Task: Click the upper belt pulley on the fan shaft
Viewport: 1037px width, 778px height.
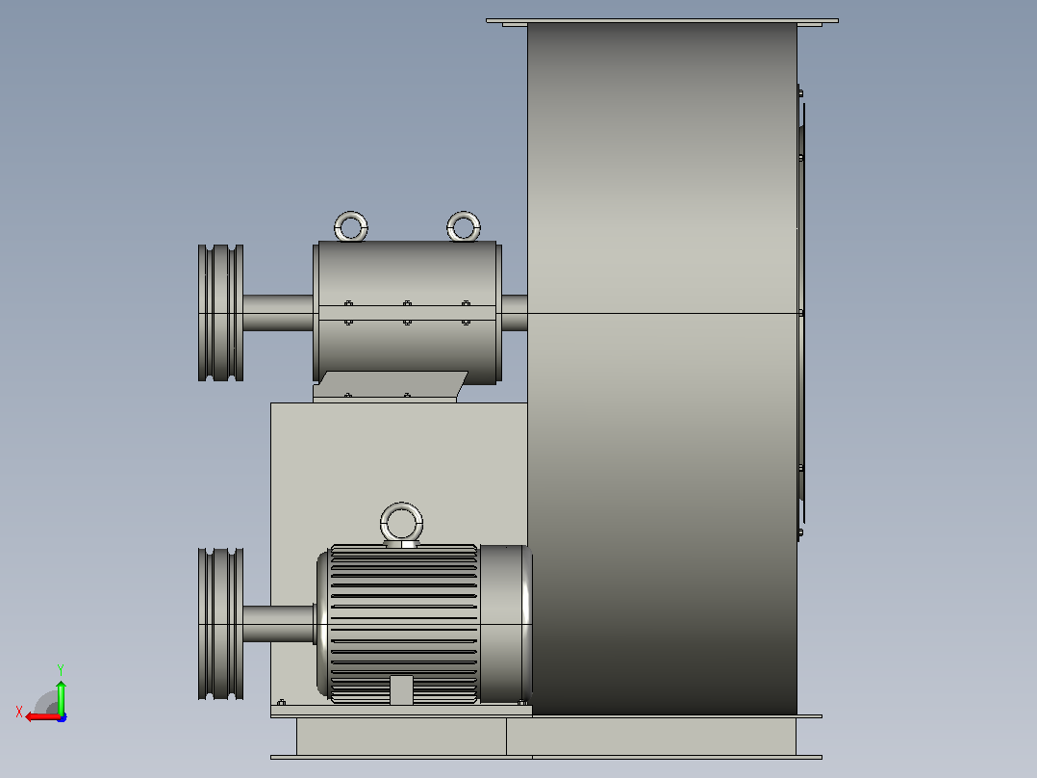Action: pos(221,313)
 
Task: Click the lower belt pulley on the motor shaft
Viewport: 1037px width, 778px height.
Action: pos(221,624)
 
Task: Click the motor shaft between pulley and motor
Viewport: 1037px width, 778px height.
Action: pos(278,624)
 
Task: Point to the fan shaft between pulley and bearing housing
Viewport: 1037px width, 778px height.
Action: pos(278,313)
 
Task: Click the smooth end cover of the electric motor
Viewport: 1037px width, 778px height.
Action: pos(505,624)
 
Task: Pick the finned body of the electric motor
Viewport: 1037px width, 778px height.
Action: pos(403,624)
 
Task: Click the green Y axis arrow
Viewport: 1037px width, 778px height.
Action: pos(61,696)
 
